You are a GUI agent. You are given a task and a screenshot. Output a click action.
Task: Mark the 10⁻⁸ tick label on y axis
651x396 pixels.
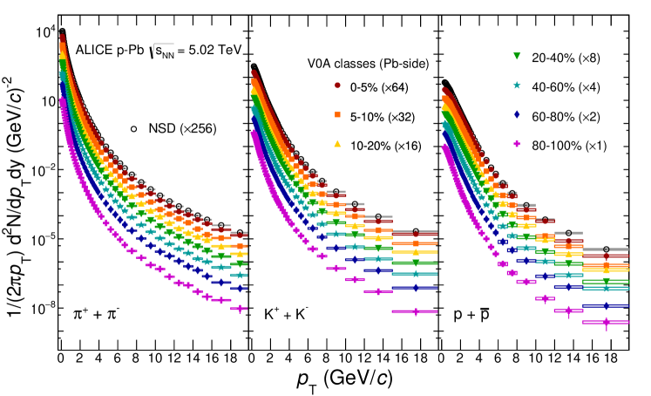[43, 308]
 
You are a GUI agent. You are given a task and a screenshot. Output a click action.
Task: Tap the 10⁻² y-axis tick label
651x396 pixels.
[43, 169]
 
